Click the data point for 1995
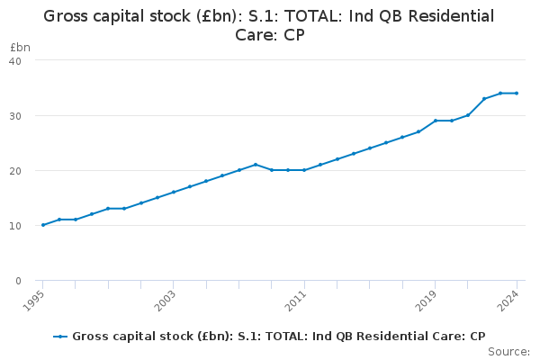tap(43, 225)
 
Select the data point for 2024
tap(517, 93)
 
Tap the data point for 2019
tap(435, 121)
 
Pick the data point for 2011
tap(304, 170)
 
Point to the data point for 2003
tap(174, 192)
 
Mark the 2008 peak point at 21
tap(256, 165)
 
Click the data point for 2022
tap(484, 98)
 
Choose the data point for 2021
tap(468, 115)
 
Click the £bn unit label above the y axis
tap(20, 47)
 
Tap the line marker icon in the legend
tap(60, 337)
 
